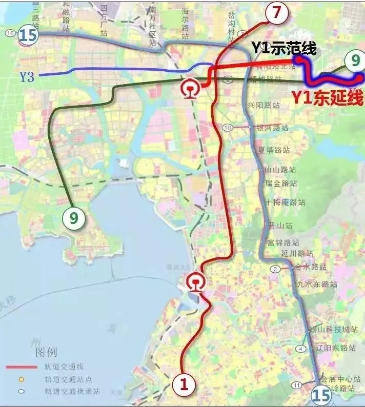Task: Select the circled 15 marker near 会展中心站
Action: (321, 394)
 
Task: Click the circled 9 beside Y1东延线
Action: (353, 61)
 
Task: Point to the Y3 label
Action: (27, 76)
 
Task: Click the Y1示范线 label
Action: (283, 48)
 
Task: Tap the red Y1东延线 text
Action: (327, 97)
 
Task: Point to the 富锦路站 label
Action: (283, 242)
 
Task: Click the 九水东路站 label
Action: (317, 284)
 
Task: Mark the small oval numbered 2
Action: (275, 269)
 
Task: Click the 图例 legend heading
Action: (46, 353)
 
